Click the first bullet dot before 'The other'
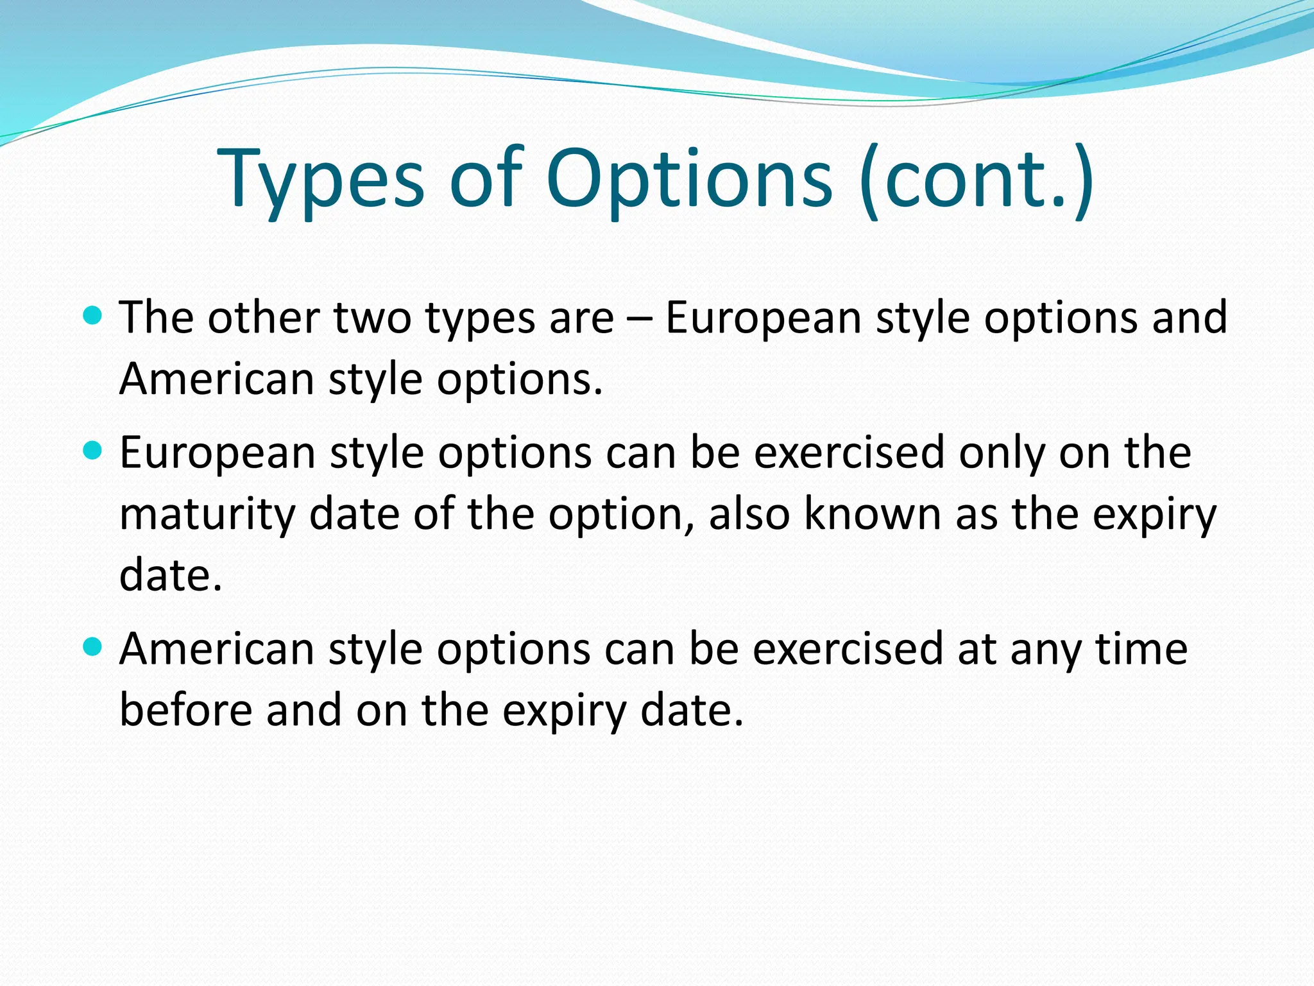93,316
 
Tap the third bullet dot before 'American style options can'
93,647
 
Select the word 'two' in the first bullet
372,318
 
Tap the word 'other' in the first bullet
264,318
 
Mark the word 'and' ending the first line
1190,318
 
